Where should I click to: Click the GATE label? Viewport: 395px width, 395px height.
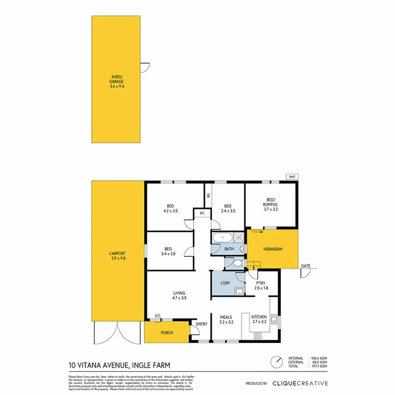[305, 266]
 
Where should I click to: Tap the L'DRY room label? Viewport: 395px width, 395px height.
[225, 283]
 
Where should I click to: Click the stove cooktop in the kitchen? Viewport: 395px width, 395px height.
[259, 335]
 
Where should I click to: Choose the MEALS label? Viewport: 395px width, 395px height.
[226, 317]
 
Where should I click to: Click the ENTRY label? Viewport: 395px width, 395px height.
[202, 324]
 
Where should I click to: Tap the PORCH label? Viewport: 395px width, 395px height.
[167, 332]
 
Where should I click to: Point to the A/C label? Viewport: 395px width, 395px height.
[157, 316]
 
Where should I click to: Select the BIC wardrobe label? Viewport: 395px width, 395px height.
[202, 213]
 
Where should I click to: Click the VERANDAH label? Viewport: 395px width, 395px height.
[273, 249]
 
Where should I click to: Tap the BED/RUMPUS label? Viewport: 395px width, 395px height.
[271, 202]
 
